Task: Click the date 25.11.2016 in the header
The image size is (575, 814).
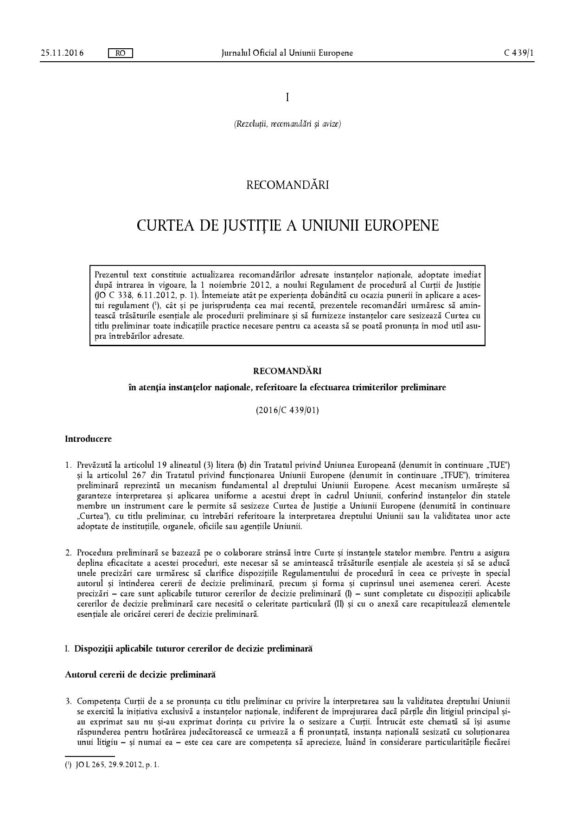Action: pos(62,53)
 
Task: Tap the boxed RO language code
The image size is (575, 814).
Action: pos(120,53)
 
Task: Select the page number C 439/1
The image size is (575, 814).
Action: pos(519,53)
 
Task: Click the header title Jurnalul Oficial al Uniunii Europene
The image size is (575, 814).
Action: pos(287,53)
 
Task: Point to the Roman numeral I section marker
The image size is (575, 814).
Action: pos(287,97)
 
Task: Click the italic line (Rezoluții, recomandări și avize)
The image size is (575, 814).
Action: pos(287,124)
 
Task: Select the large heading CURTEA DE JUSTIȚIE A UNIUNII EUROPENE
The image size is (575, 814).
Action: pos(287,226)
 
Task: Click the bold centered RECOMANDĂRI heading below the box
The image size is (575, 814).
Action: pos(287,371)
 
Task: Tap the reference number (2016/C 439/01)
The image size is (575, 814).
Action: pos(287,410)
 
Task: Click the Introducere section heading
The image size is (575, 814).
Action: pos(88,439)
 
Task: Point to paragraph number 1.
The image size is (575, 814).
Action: pos(68,465)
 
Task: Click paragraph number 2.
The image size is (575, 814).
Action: pos(68,553)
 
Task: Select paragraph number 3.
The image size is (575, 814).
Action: pos(68,701)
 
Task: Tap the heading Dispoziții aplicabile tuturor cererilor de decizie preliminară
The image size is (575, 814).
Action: pos(193,649)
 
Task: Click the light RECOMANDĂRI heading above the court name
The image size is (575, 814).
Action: pos(287,185)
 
